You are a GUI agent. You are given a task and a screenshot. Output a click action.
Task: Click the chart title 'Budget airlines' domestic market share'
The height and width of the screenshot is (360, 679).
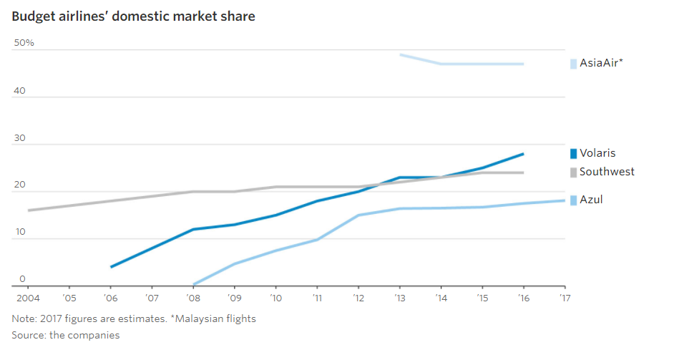coord(133,16)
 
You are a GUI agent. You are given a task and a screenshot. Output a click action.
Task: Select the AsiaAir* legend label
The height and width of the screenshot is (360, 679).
coord(601,63)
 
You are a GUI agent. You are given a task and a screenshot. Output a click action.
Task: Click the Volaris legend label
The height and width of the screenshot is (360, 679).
coord(597,152)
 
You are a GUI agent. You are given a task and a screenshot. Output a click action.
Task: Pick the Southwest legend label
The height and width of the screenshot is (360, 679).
coord(607,172)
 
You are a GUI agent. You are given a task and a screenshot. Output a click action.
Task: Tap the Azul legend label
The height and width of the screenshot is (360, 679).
coord(591,200)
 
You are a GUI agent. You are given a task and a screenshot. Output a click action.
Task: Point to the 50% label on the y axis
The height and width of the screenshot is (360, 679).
coord(24,43)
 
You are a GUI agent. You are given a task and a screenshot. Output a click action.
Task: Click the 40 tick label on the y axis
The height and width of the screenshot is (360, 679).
coord(19,91)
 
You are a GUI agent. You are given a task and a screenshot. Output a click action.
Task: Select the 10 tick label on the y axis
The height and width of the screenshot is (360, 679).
coord(19,232)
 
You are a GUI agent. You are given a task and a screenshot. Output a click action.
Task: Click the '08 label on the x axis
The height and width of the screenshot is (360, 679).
coord(192,296)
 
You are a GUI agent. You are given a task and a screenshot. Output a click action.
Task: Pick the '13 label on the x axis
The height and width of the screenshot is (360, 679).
coord(399,296)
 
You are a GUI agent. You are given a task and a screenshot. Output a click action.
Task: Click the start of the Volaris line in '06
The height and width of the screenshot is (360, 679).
coord(111,267)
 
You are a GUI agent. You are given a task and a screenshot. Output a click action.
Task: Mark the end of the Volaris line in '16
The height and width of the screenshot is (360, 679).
coord(523,154)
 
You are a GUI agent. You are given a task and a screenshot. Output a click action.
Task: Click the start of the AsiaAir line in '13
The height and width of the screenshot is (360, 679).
coord(400,54)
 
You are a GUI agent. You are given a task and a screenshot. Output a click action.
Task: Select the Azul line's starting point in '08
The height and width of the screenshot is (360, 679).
coord(193,284)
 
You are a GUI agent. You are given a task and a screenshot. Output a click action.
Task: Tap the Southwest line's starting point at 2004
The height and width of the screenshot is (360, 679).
coord(28,210)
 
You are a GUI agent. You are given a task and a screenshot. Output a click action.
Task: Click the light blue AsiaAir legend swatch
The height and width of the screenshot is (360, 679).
coord(573,64)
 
